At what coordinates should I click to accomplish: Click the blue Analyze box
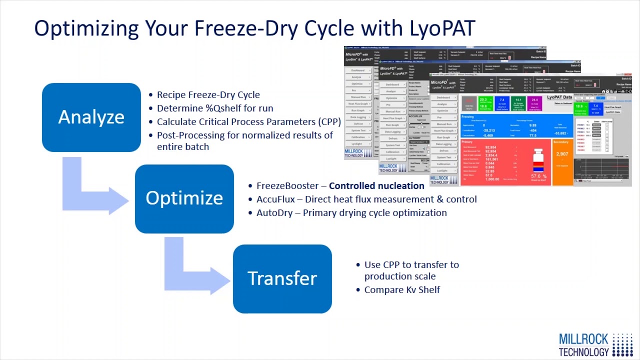click(x=91, y=117)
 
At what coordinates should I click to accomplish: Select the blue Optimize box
click(x=184, y=198)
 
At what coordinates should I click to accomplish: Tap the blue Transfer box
click(x=282, y=278)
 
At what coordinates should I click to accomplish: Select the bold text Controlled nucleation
click(x=376, y=186)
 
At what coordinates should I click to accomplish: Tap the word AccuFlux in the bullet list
click(x=275, y=199)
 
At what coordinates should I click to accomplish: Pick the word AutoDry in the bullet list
click(x=274, y=213)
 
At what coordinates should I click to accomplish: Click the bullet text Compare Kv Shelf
click(x=402, y=290)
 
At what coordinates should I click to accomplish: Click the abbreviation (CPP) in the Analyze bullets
click(x=329, y=122)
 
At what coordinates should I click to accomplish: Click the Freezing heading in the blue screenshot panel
click(x=468, y=117)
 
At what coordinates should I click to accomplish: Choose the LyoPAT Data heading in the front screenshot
click(x=559, y=97)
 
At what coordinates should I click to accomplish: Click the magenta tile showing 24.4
click(x=534, y=103)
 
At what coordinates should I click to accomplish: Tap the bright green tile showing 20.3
click(x=485, y=103)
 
